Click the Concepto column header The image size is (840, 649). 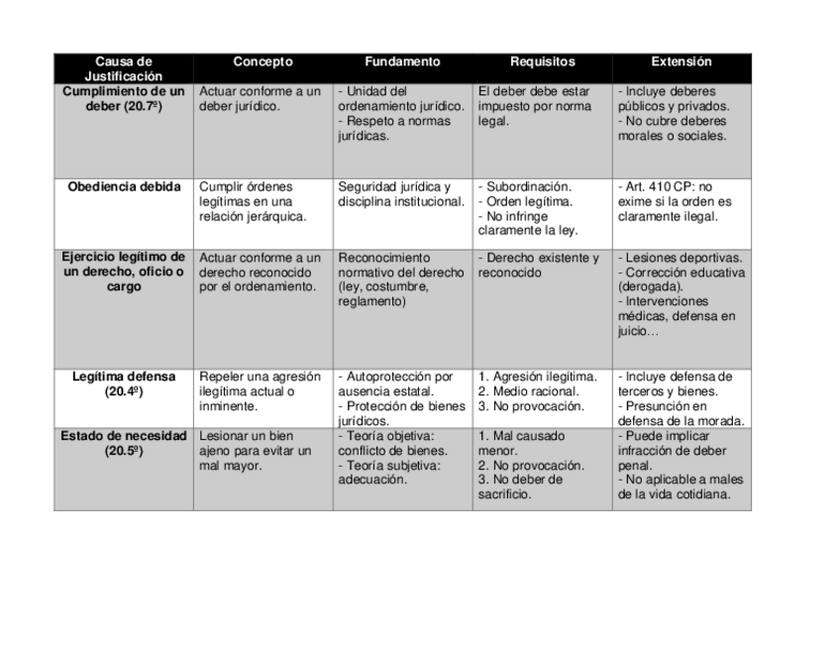pos(262,61)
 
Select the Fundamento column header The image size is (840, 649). pos(401,61)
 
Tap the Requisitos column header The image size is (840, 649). pos(542,61)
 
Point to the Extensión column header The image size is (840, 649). pos(682,61)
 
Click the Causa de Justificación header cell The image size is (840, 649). pos(124,68)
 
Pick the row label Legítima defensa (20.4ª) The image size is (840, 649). pos(124,383)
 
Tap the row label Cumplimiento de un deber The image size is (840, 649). pos(124,98)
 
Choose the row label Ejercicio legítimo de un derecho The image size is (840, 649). pos(124,272)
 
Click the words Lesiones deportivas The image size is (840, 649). pos(682,259)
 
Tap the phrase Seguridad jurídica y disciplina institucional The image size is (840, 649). pos(400,193)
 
